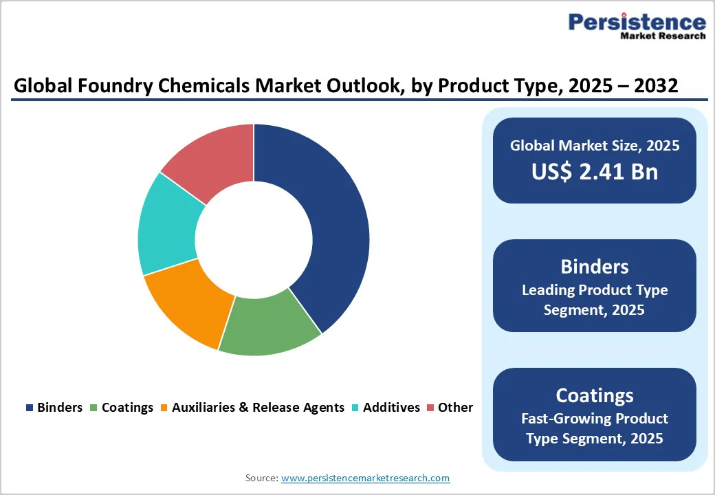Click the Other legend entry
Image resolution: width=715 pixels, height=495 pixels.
[x=449, y=408]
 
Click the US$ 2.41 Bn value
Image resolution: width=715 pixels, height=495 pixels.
[x=594, y=171]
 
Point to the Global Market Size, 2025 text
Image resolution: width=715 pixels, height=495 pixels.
[x=594, y=145]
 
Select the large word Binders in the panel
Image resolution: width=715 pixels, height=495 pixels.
[x=594, y=266]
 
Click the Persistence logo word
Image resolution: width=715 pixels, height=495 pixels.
[x=637, y=22]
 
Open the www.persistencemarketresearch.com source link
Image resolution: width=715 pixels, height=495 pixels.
[x=365, y=478]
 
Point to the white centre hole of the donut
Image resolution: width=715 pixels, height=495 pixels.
[x=254, y=240]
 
